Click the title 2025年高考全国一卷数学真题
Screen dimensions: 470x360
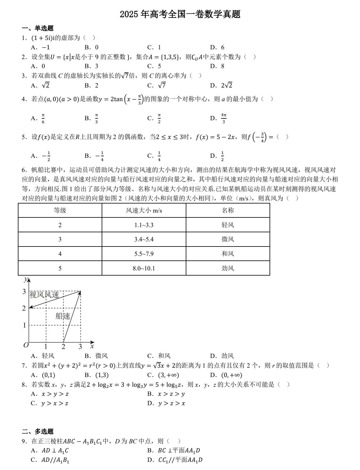click(180, 14)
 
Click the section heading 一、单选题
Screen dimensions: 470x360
click(38, 28)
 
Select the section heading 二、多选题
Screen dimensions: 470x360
click(38, 431)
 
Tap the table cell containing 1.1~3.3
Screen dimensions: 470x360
click(144, 225)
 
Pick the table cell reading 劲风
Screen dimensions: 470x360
click(227, 268)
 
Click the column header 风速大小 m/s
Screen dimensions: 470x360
click(144, 210)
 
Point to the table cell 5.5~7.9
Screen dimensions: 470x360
click(144, 254)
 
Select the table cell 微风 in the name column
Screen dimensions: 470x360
click(227, 240)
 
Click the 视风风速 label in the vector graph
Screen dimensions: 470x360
click(44, 295)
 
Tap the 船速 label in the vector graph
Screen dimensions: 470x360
click(63, 316)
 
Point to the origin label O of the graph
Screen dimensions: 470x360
click(26, 345)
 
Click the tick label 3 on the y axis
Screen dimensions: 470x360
click(24, 292)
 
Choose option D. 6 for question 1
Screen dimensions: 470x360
click(218, 47)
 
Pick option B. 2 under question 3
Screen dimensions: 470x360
click(91, 85)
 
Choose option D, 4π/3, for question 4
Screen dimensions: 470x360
click(219, 118)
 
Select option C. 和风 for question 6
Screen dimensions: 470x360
click(159, 356)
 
